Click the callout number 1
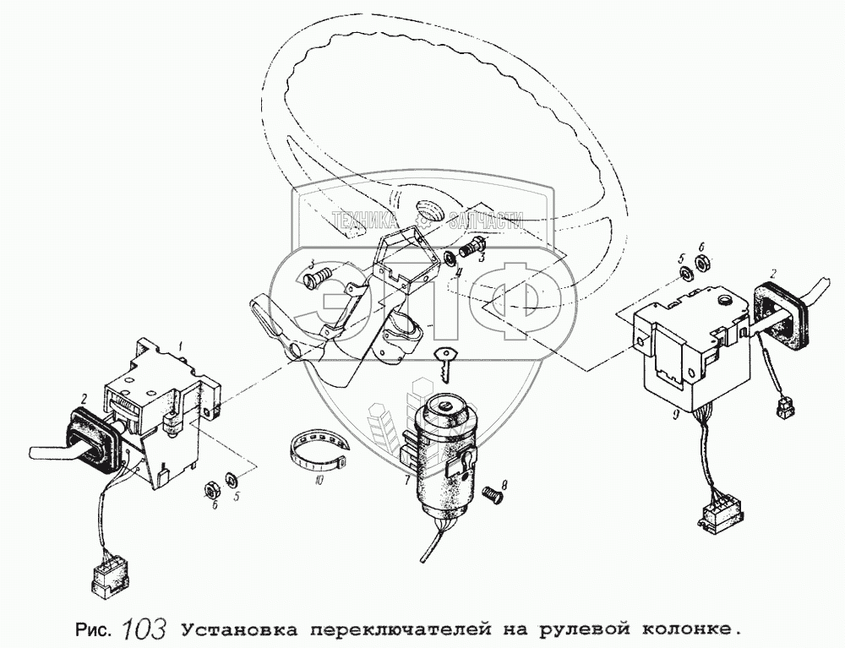pos(182,345)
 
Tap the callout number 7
pos(407,478)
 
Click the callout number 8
pos(504,486)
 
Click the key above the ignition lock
pos(445,364)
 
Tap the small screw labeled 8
pos(490,494)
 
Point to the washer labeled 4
pos(450,256)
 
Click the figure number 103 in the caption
pos(144,628)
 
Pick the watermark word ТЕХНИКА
pos(365,221)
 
